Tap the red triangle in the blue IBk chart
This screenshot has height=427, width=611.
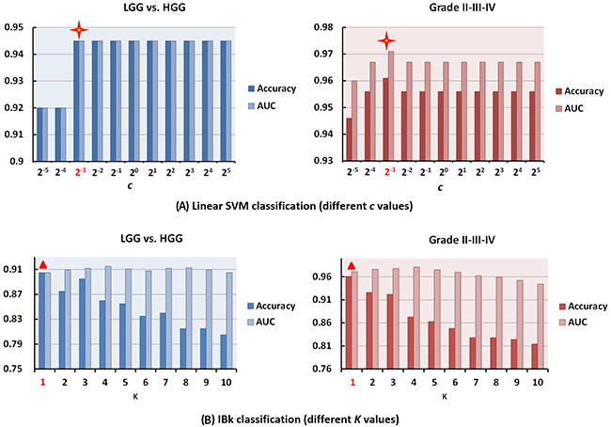coord(43,265)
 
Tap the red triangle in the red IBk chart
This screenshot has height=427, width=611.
coord(352,266)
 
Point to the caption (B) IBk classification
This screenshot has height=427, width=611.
coord(305,416)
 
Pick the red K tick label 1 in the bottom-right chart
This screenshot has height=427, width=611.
coord(352,383)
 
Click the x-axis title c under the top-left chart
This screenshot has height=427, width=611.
coord(133,185)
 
